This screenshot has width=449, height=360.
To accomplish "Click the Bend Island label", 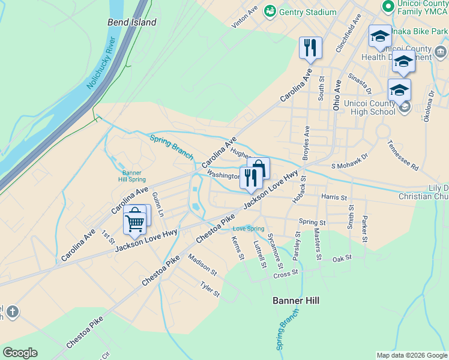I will click(131, 22).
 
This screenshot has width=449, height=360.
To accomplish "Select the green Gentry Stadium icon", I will click(270, 11).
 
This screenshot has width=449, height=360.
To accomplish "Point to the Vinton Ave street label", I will click(245, 18).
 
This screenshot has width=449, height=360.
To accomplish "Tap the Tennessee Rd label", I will click(402, 155).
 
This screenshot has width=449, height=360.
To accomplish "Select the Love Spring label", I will click(248, 229).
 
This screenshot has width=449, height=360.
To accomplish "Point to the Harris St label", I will click(334, 197).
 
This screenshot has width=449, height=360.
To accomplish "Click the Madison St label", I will click(202, 264).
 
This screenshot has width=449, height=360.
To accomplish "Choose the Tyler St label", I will click(210, 290).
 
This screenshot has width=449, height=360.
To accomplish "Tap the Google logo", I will click(20, 353).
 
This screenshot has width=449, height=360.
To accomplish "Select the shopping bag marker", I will click(258, 167).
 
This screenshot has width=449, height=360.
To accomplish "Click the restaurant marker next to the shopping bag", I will click(250, 177).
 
